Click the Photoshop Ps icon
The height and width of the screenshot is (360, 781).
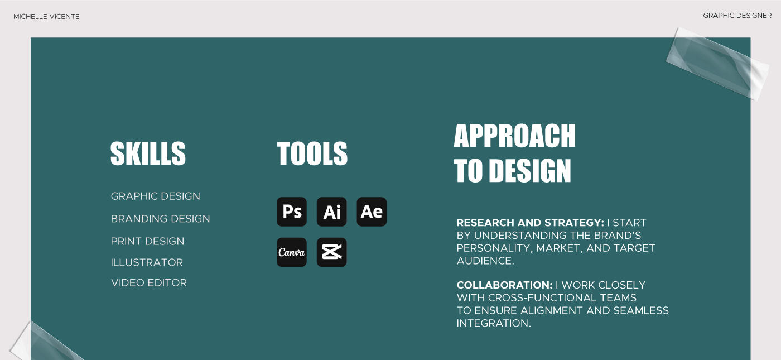coord(291,212)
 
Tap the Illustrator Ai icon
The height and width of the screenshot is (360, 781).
coord(331,212)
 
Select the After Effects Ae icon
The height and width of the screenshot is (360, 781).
coord(372,212)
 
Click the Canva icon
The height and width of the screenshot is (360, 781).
coord(291,252)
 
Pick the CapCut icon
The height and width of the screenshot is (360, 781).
coord(331,252)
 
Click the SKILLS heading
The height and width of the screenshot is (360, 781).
coord(148,153)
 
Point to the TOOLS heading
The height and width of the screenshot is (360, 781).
coord(312,153)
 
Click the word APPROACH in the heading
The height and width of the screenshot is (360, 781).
coord(514,136)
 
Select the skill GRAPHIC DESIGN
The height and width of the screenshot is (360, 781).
coord(156,196)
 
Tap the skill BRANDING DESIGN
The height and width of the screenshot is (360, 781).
coord(161,219)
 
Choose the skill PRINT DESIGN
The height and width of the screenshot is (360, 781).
coord(147,241)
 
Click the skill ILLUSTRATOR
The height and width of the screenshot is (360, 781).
coord(147,262)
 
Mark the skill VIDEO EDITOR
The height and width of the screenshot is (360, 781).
coord(149,282)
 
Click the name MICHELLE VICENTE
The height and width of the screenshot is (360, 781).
coord(46,16)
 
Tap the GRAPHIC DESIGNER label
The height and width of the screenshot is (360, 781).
coord(737,16)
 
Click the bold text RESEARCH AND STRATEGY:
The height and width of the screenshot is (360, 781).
coord(531,223)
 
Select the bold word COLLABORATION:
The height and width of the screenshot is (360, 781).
coord(504,285)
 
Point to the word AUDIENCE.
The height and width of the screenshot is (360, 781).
coord(484,261)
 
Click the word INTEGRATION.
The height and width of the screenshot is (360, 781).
coord(493,323)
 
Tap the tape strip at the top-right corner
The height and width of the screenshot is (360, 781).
coord(717,64)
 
